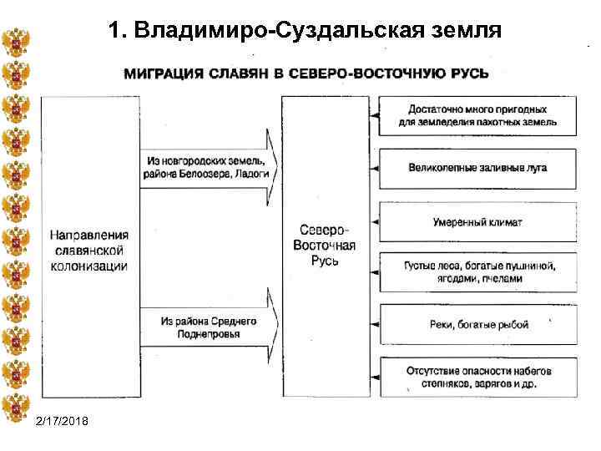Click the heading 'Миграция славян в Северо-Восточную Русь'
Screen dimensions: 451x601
[306, 73]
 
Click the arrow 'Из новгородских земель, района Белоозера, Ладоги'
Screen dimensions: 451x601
[208, 166]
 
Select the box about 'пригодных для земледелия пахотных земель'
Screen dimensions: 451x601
[477, 116]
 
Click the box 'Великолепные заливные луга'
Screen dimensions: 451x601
[477, 168]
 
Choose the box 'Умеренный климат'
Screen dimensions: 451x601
[477, 222]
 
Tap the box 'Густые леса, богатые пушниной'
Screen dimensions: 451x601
[477, 272]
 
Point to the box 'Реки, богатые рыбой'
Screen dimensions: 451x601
[477, 325]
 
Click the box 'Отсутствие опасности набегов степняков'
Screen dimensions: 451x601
[477, 378]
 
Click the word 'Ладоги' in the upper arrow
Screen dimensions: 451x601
[251, 173]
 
